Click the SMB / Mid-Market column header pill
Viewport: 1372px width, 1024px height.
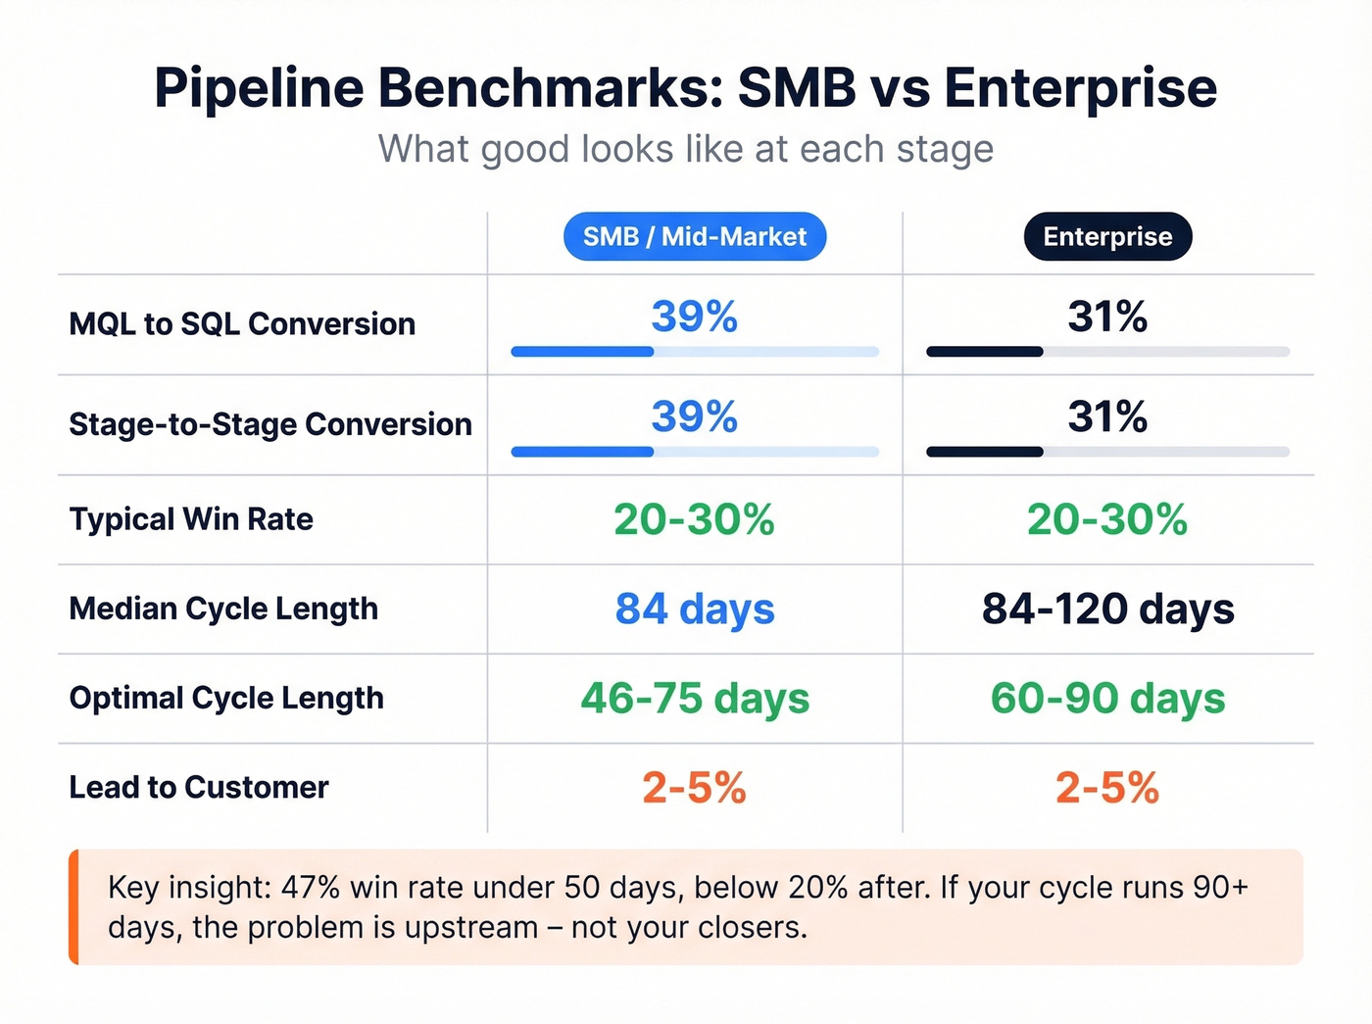pyautogui.click(x=694, y=237)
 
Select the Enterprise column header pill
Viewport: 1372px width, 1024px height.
pyautogui.click(x=1107, y=237)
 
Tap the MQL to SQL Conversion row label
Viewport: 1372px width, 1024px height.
pyautogui.click(x=242, y=324)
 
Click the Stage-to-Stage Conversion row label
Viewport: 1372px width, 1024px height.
pyautogui.click(x=270, y=424)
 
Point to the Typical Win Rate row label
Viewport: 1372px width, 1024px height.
pyautogui.click(x=191, y=519)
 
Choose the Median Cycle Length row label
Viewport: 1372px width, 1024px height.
pyautogui.click(x=223, y=609)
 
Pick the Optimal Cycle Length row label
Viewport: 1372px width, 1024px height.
pyautogui.click(x=226, y=698)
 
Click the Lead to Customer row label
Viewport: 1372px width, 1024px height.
pyautogui.click(x=199, y=787)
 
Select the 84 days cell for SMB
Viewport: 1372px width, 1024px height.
pyautogui.click(x=694, y=609)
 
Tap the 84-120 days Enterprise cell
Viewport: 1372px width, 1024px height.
pyautogui.click(x=1107, y=609)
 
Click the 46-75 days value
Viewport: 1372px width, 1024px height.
pyautogui.click(x=694, y=699)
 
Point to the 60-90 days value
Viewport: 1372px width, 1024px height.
pyautogui.click(x=1107, y=699)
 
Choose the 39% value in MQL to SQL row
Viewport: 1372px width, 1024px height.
pyautogui.click(x=694, y=317)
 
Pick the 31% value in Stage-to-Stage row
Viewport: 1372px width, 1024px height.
pyautogui.click(x=1107, y=416)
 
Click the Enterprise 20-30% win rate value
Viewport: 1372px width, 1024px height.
pyautogui.click(x=1107, y=519)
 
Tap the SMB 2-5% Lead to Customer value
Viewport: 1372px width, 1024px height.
pyautogui.click(x=694, y=788)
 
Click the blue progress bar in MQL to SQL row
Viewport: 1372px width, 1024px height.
pyautogui.click(x=582, y=352)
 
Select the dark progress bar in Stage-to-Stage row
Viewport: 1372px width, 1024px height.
pyautogui.click(x=984, y=452)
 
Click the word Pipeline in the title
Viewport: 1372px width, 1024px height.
pyautogui.click(x=259, y=88)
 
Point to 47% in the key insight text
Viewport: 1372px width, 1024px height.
pyautogui.click(x=310, y=887)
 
